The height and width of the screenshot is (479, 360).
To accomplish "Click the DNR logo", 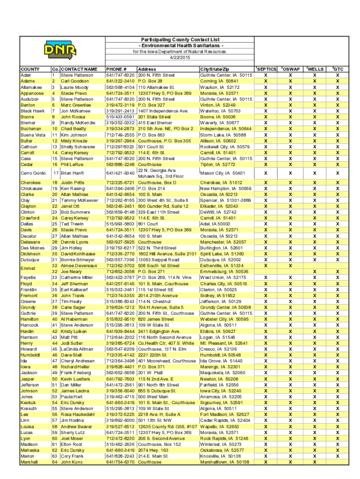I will click(57, 48).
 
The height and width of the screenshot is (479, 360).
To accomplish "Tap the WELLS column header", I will click(315, 69).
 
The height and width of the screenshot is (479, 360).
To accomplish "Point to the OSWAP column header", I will click(290, 69).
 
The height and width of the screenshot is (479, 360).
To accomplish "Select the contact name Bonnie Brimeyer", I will click(77, 260).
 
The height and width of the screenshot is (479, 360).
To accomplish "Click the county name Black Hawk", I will click(32, 111).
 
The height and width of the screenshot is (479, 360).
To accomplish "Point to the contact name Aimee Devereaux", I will click(79, 266).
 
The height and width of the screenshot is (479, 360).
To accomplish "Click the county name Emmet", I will click(28, 269).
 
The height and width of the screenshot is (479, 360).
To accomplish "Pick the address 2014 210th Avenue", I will click(159, 296).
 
